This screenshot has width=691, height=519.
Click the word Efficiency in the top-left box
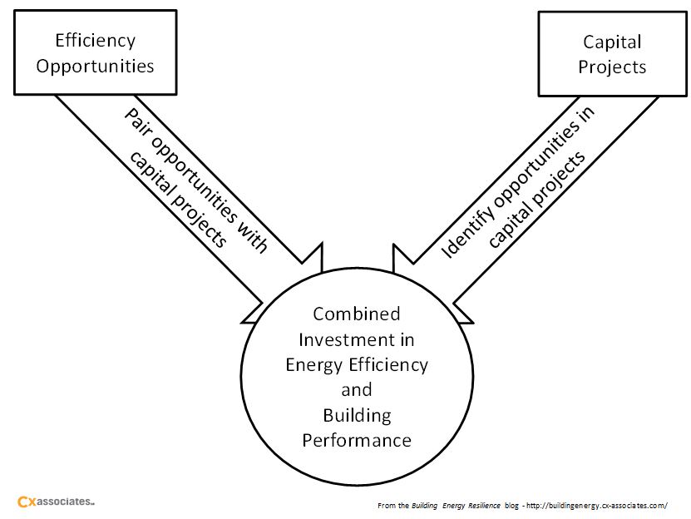click(95, 40)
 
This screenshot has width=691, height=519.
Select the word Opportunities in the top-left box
click(95, 66)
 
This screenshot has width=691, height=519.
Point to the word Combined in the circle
click(356, 314)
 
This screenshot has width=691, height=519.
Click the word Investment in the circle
click(356, 339)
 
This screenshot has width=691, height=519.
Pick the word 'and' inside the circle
click(356, 389)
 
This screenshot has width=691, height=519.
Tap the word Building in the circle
click(356, 414)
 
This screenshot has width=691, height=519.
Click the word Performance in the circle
click(356, 439)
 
